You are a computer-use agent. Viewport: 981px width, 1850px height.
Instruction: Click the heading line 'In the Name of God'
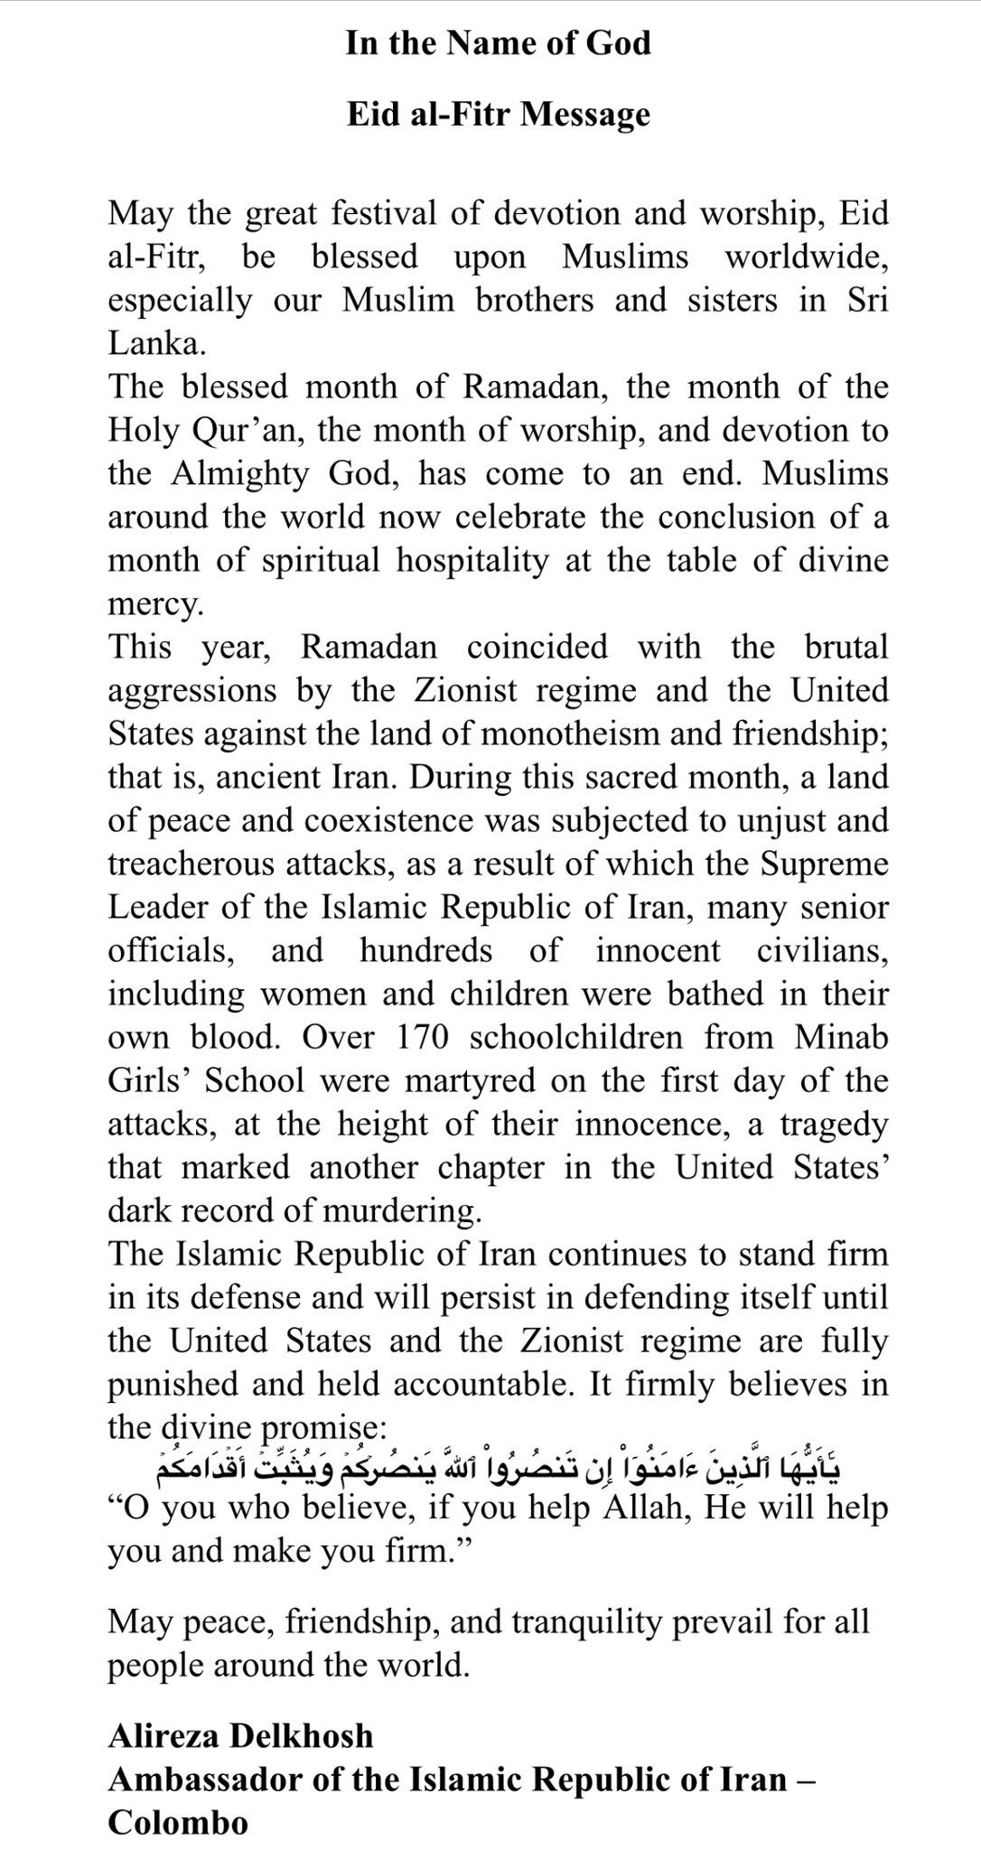pyautogui.click(x=498, y=43)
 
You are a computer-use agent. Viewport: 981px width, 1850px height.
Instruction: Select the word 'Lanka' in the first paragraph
pyautogui.click(x=154, y=343)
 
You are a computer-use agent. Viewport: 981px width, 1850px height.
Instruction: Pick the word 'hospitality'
pyautogui.click(x=472, y=560)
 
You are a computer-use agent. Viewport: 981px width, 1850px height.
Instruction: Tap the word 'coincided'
pyautogui.click(x=537, y=647)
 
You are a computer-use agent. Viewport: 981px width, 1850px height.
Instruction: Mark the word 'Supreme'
pyautogui.click(x=824, y=864)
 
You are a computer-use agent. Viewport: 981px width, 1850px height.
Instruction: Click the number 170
pyautogui.click(x=422, y=1037)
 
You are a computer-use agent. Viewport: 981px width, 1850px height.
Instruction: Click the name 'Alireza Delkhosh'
pyautogui.click(x=240, y=1735)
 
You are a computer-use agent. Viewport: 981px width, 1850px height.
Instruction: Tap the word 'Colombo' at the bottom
pyautogui.click(x=177, y=1822)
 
